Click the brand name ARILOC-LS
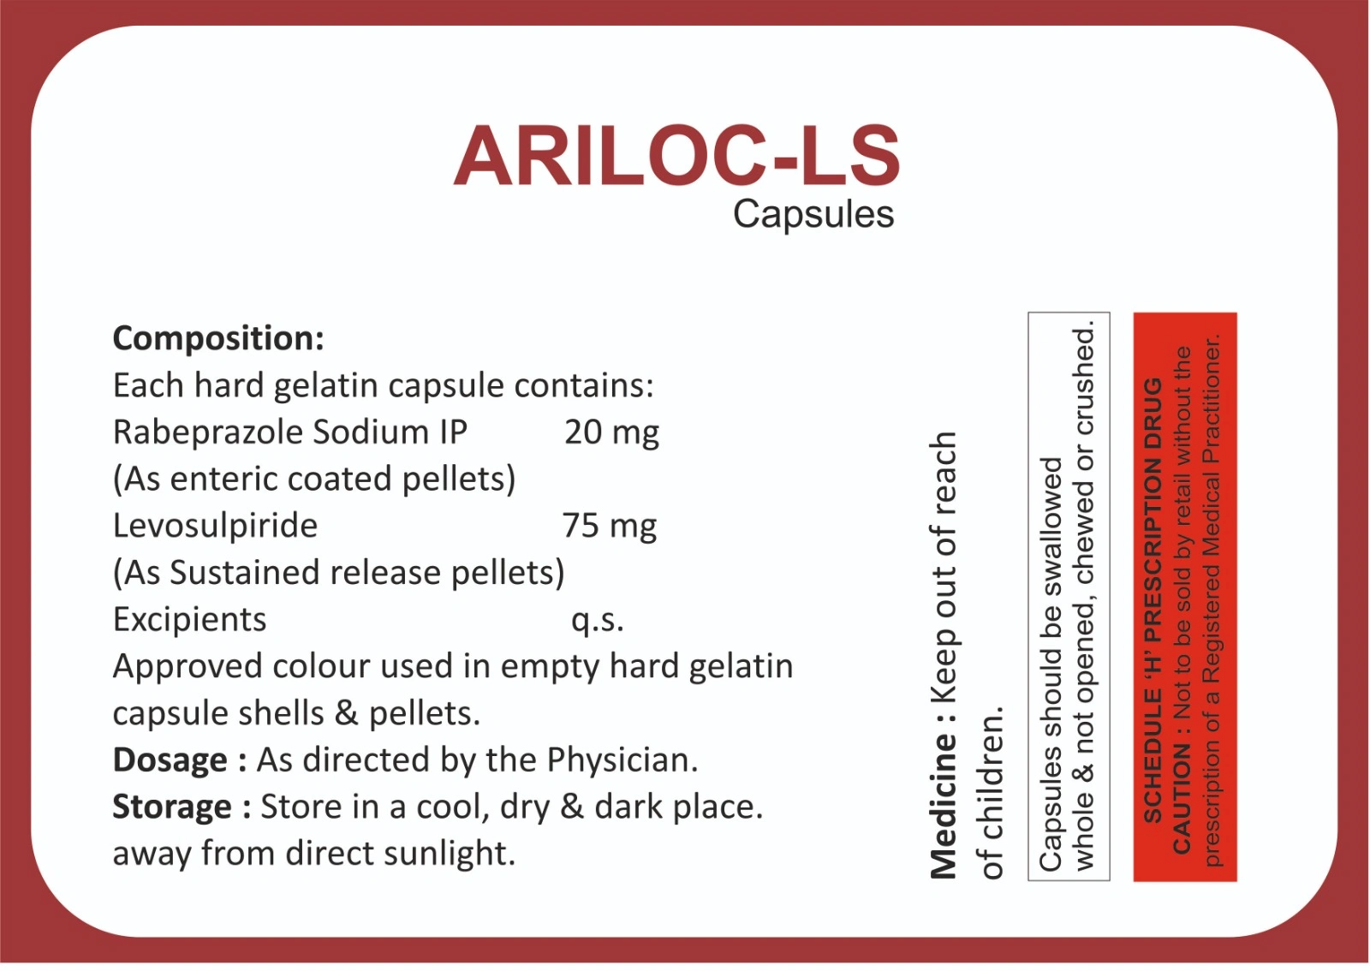point(676,156)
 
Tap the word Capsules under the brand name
point(813,215)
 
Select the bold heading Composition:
point(218,339)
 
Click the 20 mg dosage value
point(611,433)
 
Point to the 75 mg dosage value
point(610,526)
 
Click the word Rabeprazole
point(209,433)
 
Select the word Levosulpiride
point(215,526)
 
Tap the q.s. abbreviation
point(598,621)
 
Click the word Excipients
point(189,620)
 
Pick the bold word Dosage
point(170,760)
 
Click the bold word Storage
point(172,807)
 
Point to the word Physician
point(622,760)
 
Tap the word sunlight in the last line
point(450,855)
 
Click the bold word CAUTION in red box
point(1182,798)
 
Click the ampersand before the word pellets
point(346,713)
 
